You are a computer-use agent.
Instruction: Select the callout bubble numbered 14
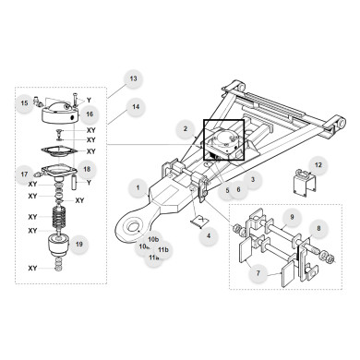pyautogui.click(x=136, y=107)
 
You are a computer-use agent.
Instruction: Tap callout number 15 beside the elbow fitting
pyautogui.click(x=24, y=103)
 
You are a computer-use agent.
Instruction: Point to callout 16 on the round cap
pyautogui.click(x=90, y=114)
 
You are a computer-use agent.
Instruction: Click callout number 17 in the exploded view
pyautogui.click(x=24, y=174)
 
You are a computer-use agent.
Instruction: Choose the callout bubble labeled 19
pyautogui.click(x=80, y=245)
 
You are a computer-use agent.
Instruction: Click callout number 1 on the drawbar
pyautogui.click(x=138, y=188)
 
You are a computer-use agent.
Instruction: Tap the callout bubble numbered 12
pyautogui.click(x=318, y=165)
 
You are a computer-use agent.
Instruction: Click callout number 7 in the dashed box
pyautogui.click(x=258, y=272)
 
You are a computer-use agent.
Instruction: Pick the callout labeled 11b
pyautogui.click(x=163, y=249)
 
